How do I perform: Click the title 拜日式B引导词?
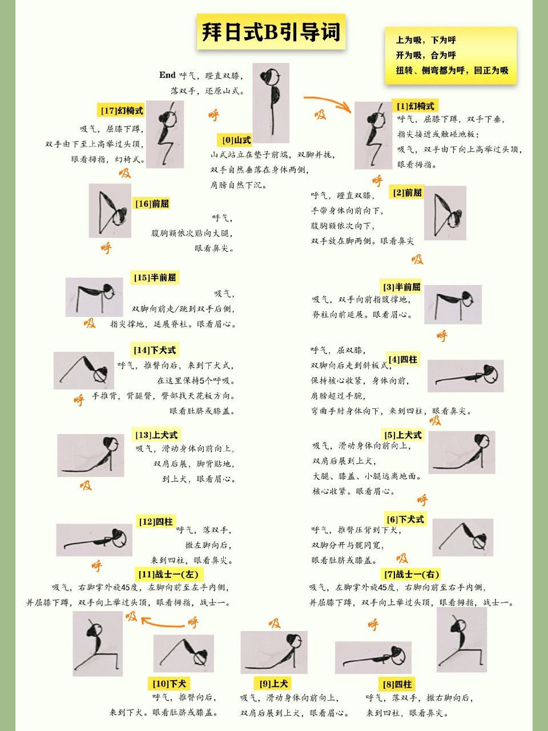coord(271,33)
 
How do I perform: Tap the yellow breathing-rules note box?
coord(451,55)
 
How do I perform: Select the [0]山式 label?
coord(236,140)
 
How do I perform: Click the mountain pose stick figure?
coord(271,103)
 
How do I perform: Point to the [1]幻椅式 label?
coord(416,106)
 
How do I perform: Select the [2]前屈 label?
coord(408,192)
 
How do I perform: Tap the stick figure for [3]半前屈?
coord(453,304)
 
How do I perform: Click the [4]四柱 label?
coord(403,359)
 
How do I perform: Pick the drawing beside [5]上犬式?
coord(461,453)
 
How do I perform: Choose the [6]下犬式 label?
coord(405,519)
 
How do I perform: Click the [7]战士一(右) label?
coord(411,574)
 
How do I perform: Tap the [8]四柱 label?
coord(397,684)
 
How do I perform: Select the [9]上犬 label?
coord(274,684)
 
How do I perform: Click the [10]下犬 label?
coord(169,684)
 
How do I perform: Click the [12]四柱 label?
coord(156,521)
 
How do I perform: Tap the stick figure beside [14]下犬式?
coord(84,371)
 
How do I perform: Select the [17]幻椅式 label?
coord(122,111)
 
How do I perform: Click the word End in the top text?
coord(167,75)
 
